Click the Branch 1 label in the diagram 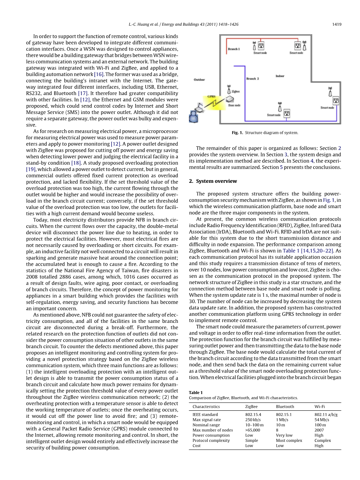pyautogui.click(x=234, y=49)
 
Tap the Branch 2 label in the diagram pyautogui.click(x=252, y=79)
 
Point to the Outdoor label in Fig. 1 pyautogui.click(x=199, y=79)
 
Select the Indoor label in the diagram pyautogui.click(x=280, y=76)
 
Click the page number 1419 pyautogui.click(x=337, y=25)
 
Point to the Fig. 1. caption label pyautogui.click(x=238, y=133)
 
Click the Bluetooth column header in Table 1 pyautogui.click(x=285, y=406)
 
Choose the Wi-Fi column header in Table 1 pyautogui.click(x=320, y=406)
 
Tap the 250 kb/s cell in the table pyautogui.click(x=253, y=420)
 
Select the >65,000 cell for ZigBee pyautogui.click(x=253, y=430)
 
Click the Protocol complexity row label pyautogui.click(x=211, y=440)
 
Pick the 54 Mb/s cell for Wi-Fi pyautogui.click(x=322, y=420)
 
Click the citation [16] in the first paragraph pyautogui.click(x=99, y=74)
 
